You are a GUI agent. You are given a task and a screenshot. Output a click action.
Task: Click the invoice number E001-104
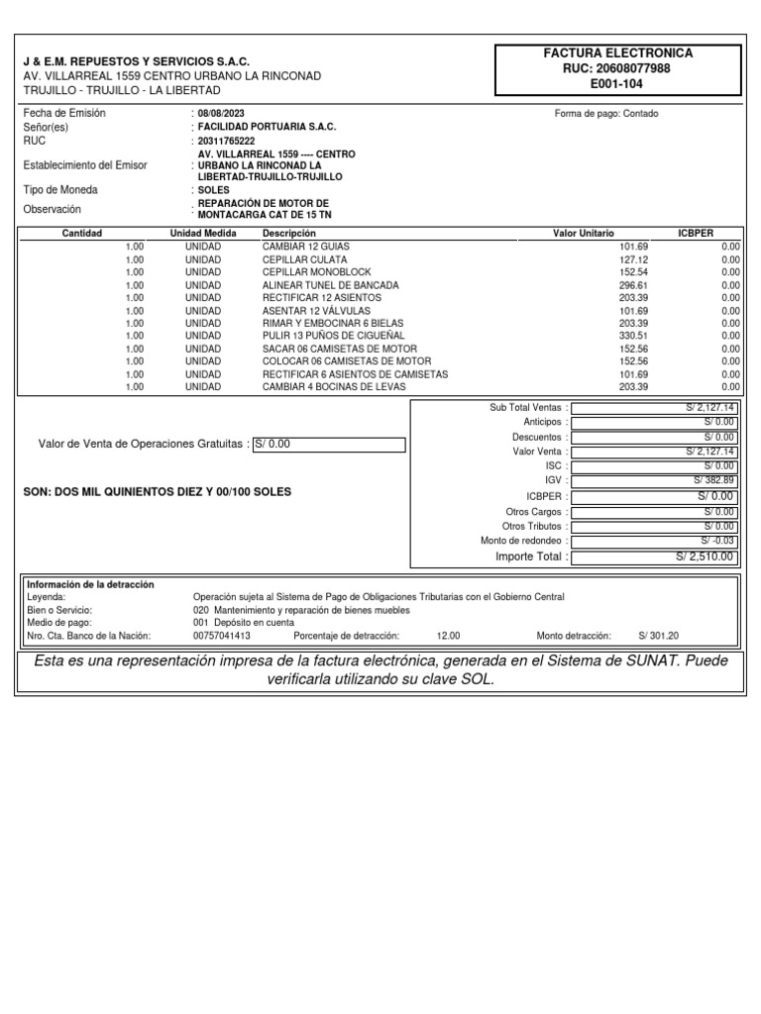(x=617, y=85)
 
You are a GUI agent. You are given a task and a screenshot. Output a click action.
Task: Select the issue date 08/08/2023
(x=221, y=114)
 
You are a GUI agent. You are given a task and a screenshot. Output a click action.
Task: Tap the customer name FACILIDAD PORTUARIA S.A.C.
(x=267, y=128)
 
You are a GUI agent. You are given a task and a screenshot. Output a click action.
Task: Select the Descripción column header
(x=289, y=233)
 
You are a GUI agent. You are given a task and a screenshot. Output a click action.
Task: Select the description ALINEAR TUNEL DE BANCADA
(x=330, y=284)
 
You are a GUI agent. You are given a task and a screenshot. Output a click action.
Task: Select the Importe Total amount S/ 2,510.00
(x=706, y=558)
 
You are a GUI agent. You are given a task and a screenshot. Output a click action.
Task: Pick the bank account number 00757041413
(x=222, y=636)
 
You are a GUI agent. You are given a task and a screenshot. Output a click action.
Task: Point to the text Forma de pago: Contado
(x=606, y=114)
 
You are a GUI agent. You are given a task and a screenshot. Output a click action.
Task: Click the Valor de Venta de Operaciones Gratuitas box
(x=329, y=445)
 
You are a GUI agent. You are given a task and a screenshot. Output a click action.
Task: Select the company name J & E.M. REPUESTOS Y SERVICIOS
(x=137, y=61)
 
